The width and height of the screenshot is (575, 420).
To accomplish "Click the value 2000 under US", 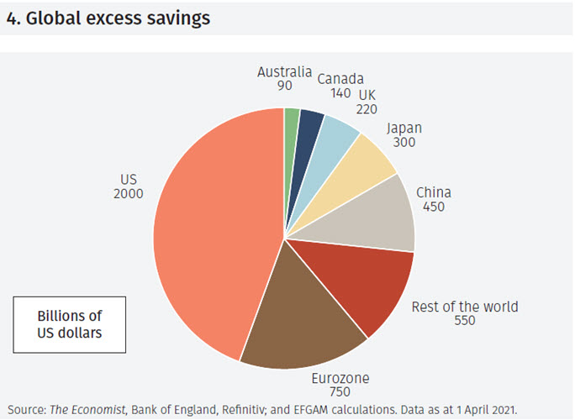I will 128,194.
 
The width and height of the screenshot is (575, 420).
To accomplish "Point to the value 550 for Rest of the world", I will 464,321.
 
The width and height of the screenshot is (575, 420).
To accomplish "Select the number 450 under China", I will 434,207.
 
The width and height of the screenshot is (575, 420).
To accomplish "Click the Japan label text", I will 404,129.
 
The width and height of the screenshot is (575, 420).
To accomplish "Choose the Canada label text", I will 340,79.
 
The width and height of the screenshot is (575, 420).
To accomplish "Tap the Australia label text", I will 284,71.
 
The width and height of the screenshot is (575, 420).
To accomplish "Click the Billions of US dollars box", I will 69,324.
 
